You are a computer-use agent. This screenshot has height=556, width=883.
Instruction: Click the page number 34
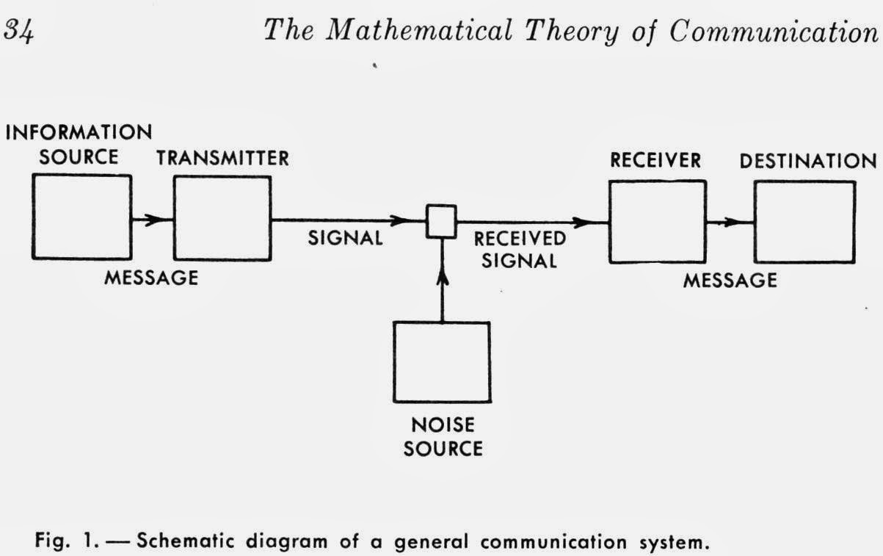(18, 31)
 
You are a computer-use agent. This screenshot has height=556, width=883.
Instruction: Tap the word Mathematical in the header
(419, 30)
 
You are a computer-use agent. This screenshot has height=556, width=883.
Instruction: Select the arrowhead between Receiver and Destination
(733, 223)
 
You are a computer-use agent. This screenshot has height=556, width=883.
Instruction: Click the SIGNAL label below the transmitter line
(345, 239)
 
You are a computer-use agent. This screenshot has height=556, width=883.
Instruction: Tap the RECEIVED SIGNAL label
(520, 250)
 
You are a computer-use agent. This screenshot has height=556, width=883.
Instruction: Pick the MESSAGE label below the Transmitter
(151, 278)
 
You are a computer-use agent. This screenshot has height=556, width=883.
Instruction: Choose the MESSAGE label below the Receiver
(730, 281)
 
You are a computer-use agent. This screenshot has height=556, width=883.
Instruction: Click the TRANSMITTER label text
(222, 158)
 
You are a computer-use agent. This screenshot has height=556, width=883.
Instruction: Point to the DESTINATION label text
(808, 162)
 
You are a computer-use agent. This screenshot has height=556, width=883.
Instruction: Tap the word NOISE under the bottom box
(443, 425)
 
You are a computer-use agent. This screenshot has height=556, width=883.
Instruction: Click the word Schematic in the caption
(185, 541)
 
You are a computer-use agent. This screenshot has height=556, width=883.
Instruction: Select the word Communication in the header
(774, 32)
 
